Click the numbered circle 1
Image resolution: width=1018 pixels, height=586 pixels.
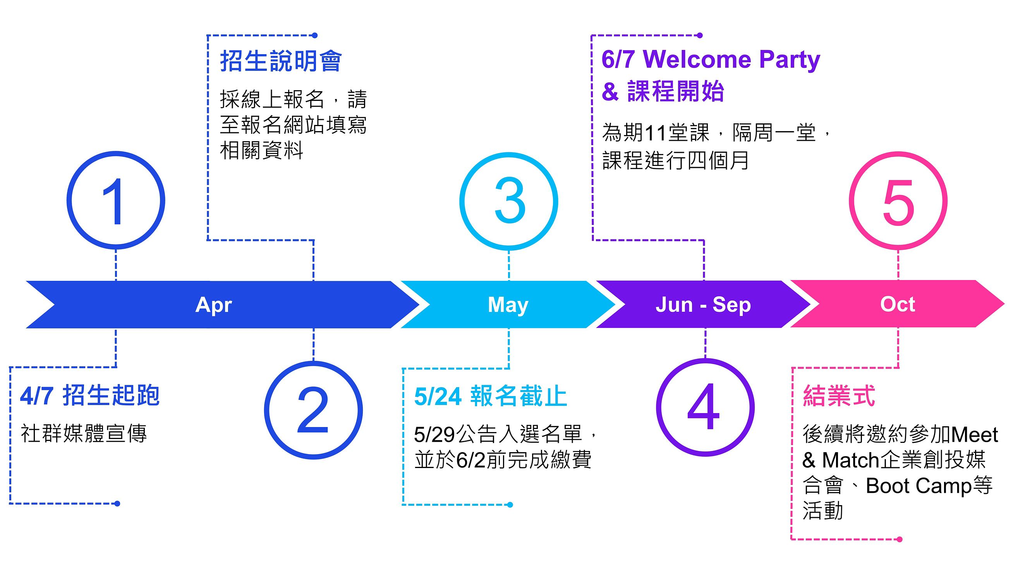click(x=116, y=200)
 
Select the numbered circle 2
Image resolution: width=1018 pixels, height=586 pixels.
click(x=313, y=410)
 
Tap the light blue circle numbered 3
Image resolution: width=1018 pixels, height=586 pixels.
click(x=508, y=201)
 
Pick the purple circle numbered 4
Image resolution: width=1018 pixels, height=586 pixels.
click(x=705, y=407)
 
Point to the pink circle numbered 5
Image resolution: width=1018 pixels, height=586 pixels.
click(x=898, y=201)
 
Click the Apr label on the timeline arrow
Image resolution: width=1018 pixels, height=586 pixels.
click(x=213, y=305)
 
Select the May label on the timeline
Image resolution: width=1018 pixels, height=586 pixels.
click(x=508, y=305)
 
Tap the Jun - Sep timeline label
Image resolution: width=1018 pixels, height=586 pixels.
click(x=703, y=305)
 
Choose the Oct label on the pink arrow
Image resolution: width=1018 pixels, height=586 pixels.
click(x=897, y=304)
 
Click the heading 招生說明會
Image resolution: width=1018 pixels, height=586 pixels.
click(x=281, y=62)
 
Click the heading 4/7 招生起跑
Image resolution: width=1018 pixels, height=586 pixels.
click(x=90, y=396)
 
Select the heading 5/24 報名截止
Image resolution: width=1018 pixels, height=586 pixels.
click(x=490, y=396)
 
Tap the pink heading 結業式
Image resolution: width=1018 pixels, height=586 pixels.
click(x=839, y=396)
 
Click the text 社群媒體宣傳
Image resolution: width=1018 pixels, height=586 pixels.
click(x=84, y=434)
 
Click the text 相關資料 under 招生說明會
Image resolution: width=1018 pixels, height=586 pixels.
click(x=261, y=150)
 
